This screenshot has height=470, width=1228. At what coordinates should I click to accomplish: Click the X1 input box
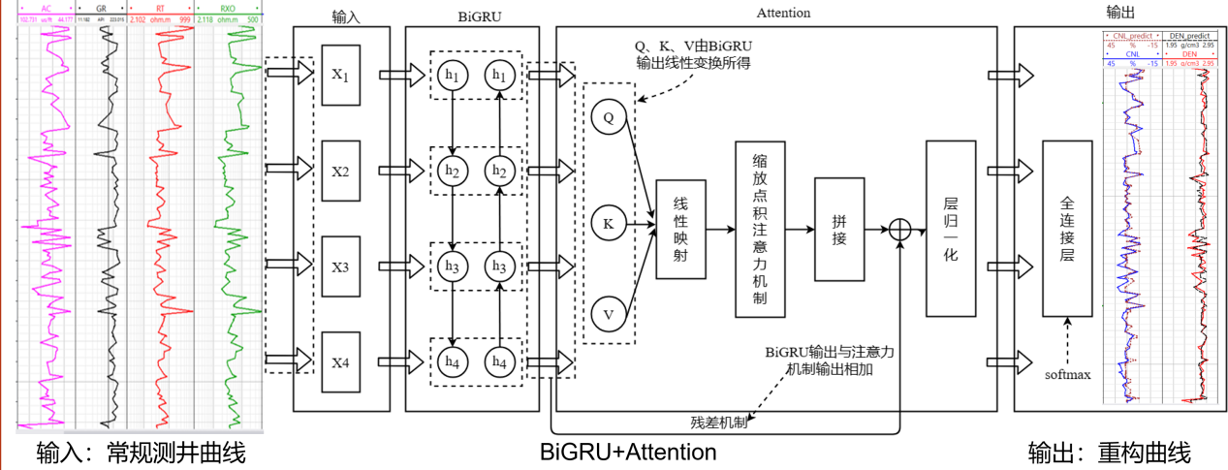[341, 74]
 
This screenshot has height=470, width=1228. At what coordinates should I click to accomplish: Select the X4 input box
[341, 362]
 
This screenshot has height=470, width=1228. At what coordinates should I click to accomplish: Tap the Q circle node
[609, 117]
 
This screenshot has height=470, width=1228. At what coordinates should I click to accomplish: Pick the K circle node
[609, 224]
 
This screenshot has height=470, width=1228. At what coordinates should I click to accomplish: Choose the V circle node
[609, 313]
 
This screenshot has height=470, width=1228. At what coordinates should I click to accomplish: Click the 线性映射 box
[680, 229]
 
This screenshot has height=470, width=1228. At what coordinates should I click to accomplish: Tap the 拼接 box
[838, 229]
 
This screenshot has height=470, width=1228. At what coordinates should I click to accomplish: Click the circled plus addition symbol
[901, 230]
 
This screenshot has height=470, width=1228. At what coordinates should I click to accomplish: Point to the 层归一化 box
[950, 229]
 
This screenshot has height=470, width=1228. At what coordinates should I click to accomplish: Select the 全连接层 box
[1067, 229]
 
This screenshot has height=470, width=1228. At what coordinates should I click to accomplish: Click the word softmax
[1067, 373]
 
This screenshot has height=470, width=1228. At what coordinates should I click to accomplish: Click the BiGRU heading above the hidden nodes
[472, 15]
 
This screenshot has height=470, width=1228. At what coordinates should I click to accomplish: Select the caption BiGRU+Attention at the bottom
[628, 452]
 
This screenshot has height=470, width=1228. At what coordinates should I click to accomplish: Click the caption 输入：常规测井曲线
[141, 453]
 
